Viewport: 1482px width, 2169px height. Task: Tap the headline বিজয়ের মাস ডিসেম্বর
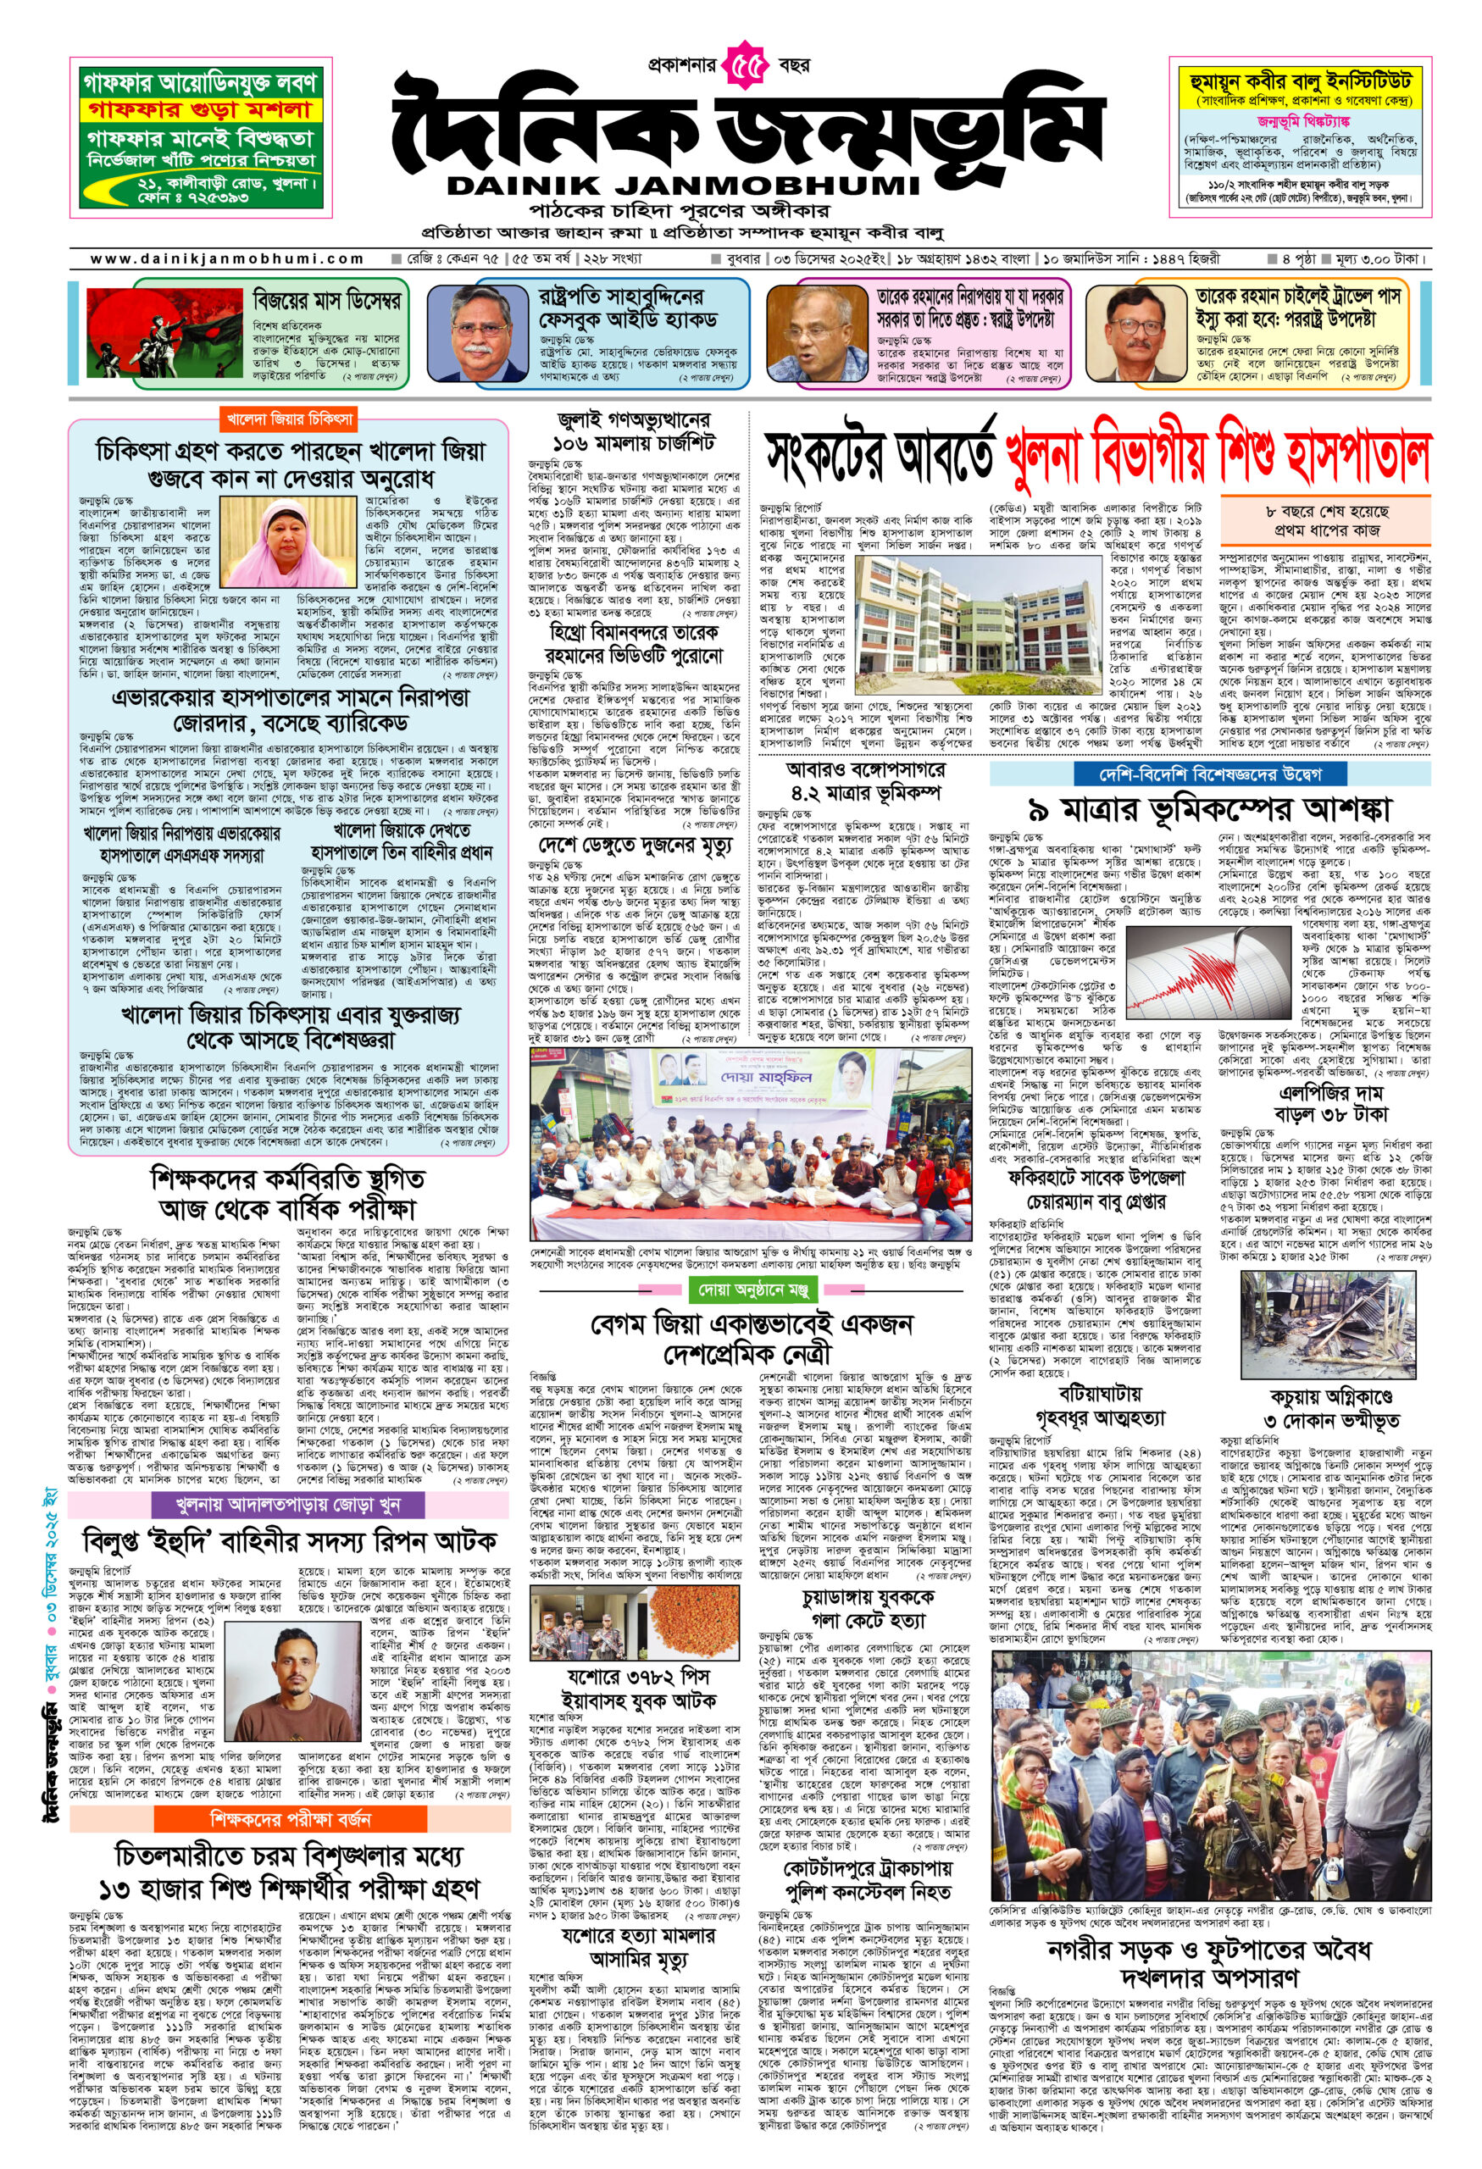point(326,302)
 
